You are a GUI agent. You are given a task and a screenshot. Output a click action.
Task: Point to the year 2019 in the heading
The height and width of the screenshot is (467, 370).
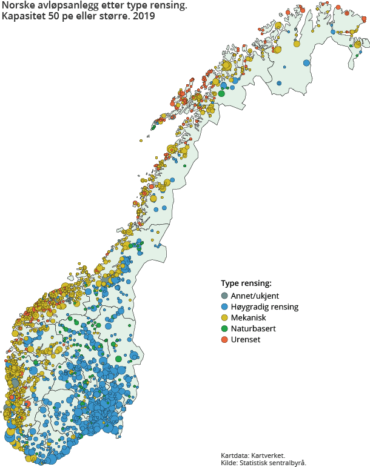click(144, 17)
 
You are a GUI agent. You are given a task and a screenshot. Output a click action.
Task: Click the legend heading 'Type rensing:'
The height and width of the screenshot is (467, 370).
click(246, 283)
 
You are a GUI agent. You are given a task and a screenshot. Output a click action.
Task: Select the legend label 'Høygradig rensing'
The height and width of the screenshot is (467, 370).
click(264, 307)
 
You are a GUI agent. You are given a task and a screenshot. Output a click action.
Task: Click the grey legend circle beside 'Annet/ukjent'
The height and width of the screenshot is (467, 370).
click(224, 296)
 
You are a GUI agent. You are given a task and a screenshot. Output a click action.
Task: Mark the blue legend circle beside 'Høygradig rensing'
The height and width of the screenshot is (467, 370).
click(224, 307)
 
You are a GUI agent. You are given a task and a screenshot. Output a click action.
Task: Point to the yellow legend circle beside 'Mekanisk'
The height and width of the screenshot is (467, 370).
click(224, 318)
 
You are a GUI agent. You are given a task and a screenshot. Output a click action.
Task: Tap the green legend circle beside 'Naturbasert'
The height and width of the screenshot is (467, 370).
click(224, 329)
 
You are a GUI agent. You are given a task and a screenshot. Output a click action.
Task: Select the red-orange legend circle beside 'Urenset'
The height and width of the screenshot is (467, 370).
click(224, 340)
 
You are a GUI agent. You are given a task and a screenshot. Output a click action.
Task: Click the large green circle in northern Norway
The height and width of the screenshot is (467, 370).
click(222, 93)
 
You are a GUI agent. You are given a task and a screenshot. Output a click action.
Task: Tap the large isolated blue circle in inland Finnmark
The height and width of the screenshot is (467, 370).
click(306, 63)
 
